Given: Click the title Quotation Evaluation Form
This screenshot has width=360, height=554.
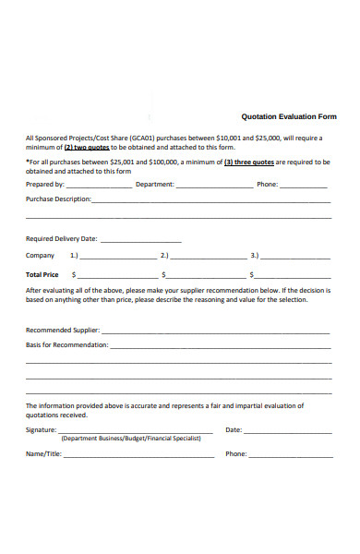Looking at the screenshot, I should (x=288, y=117).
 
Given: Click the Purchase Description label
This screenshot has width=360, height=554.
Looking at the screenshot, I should (x=57, y=199).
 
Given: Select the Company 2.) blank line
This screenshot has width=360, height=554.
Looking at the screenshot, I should (x=209, y=257).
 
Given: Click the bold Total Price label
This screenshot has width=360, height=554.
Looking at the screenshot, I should (x=42, y=274).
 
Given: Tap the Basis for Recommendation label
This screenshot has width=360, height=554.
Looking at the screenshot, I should (x=66, y=344).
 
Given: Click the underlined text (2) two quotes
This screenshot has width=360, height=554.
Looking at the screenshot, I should (x=86, y=147).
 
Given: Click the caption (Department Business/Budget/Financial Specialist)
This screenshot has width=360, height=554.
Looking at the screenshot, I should (x=131, y=440).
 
